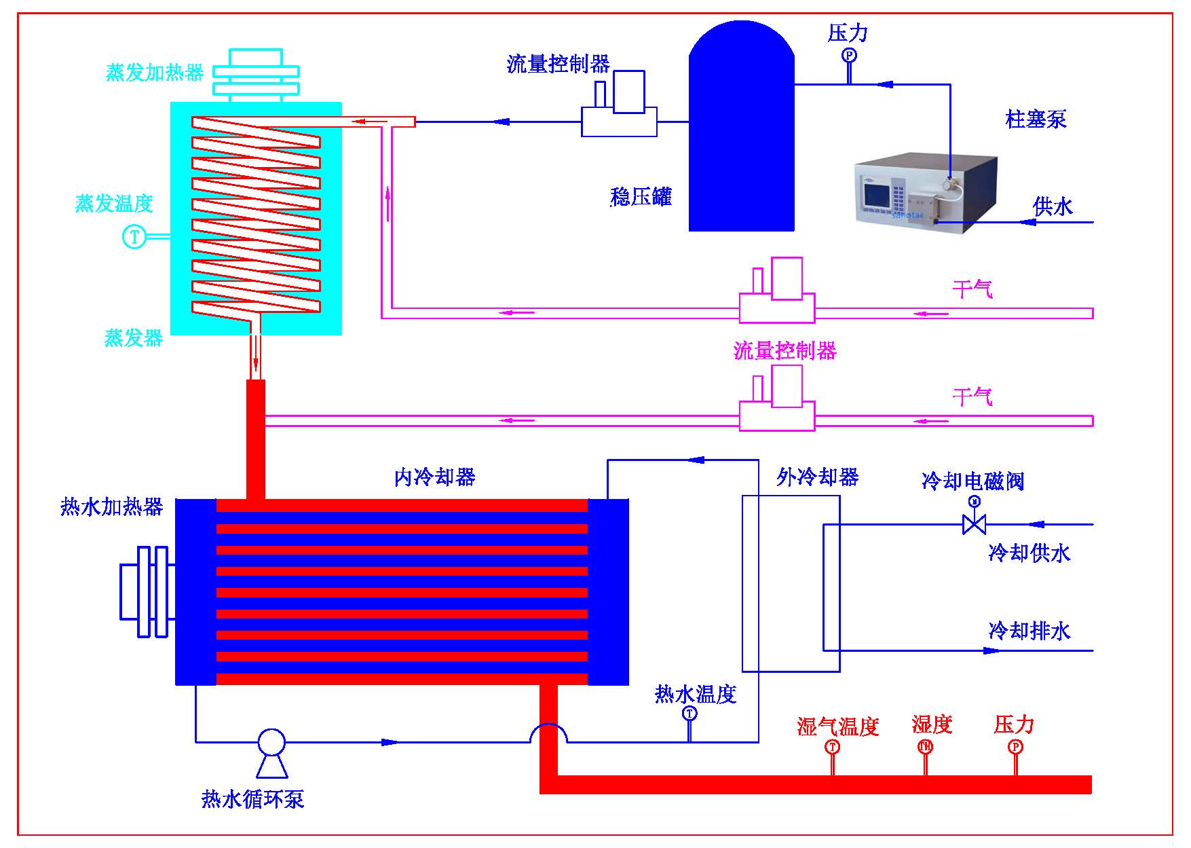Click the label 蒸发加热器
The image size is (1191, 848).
154,73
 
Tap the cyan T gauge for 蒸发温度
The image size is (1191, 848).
134,237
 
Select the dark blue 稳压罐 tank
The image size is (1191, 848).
741,136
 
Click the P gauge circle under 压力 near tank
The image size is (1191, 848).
849,55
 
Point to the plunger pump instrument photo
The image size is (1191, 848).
925,196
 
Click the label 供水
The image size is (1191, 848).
1053,206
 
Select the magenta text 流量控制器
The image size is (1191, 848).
784,350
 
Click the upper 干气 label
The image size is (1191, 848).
972,290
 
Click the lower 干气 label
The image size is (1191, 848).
972,397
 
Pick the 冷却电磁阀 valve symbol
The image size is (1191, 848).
975,523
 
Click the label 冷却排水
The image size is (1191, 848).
1029,631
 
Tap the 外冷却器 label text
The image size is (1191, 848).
817,477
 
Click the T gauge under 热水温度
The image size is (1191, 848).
689,714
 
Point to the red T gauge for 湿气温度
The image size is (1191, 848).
832,747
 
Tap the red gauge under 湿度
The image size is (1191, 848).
925,747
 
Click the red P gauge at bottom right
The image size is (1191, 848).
1015,747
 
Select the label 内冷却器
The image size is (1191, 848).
434,477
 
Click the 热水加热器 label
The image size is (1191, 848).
112,506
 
